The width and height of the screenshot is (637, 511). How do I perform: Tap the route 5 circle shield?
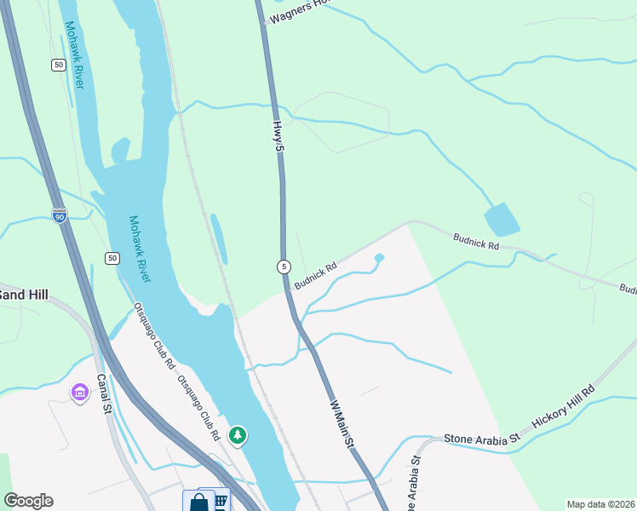pyautogui.click(x=284, y=267)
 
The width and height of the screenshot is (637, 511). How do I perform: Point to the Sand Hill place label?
pyautogui.click(x=23, y=295)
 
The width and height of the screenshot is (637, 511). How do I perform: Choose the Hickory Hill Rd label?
pyautogui.click(x=563, y=411)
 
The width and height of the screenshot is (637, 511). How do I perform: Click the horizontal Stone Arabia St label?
pyautogui.click(x=481, y=439)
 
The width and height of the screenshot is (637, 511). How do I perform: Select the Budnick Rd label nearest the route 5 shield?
pyautogui.click(x=316, y=274)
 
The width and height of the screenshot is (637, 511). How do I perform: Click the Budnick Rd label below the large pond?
pyautogui.click(x=476, y=243)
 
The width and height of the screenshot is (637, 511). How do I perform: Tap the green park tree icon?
pyautogui.click(x=238, y=436)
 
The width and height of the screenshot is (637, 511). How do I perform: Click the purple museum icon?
pyautogui.click(x=80, y=393)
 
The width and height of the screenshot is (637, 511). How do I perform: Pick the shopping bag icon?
pyautogui.click(x=198, y=502)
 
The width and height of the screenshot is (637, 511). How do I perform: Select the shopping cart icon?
pyautogui.click(x=220, y=500)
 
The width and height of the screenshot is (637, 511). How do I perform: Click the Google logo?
pyautogui.click(x=28, y=501)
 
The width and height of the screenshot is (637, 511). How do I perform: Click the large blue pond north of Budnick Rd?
pyautogui.click(x=502, y=219)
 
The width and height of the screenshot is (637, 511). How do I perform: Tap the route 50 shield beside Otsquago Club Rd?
pyautogui.click(x=112, y=258)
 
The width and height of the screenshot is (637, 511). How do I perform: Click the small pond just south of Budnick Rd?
pyautogui.click(x=379, y=258)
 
